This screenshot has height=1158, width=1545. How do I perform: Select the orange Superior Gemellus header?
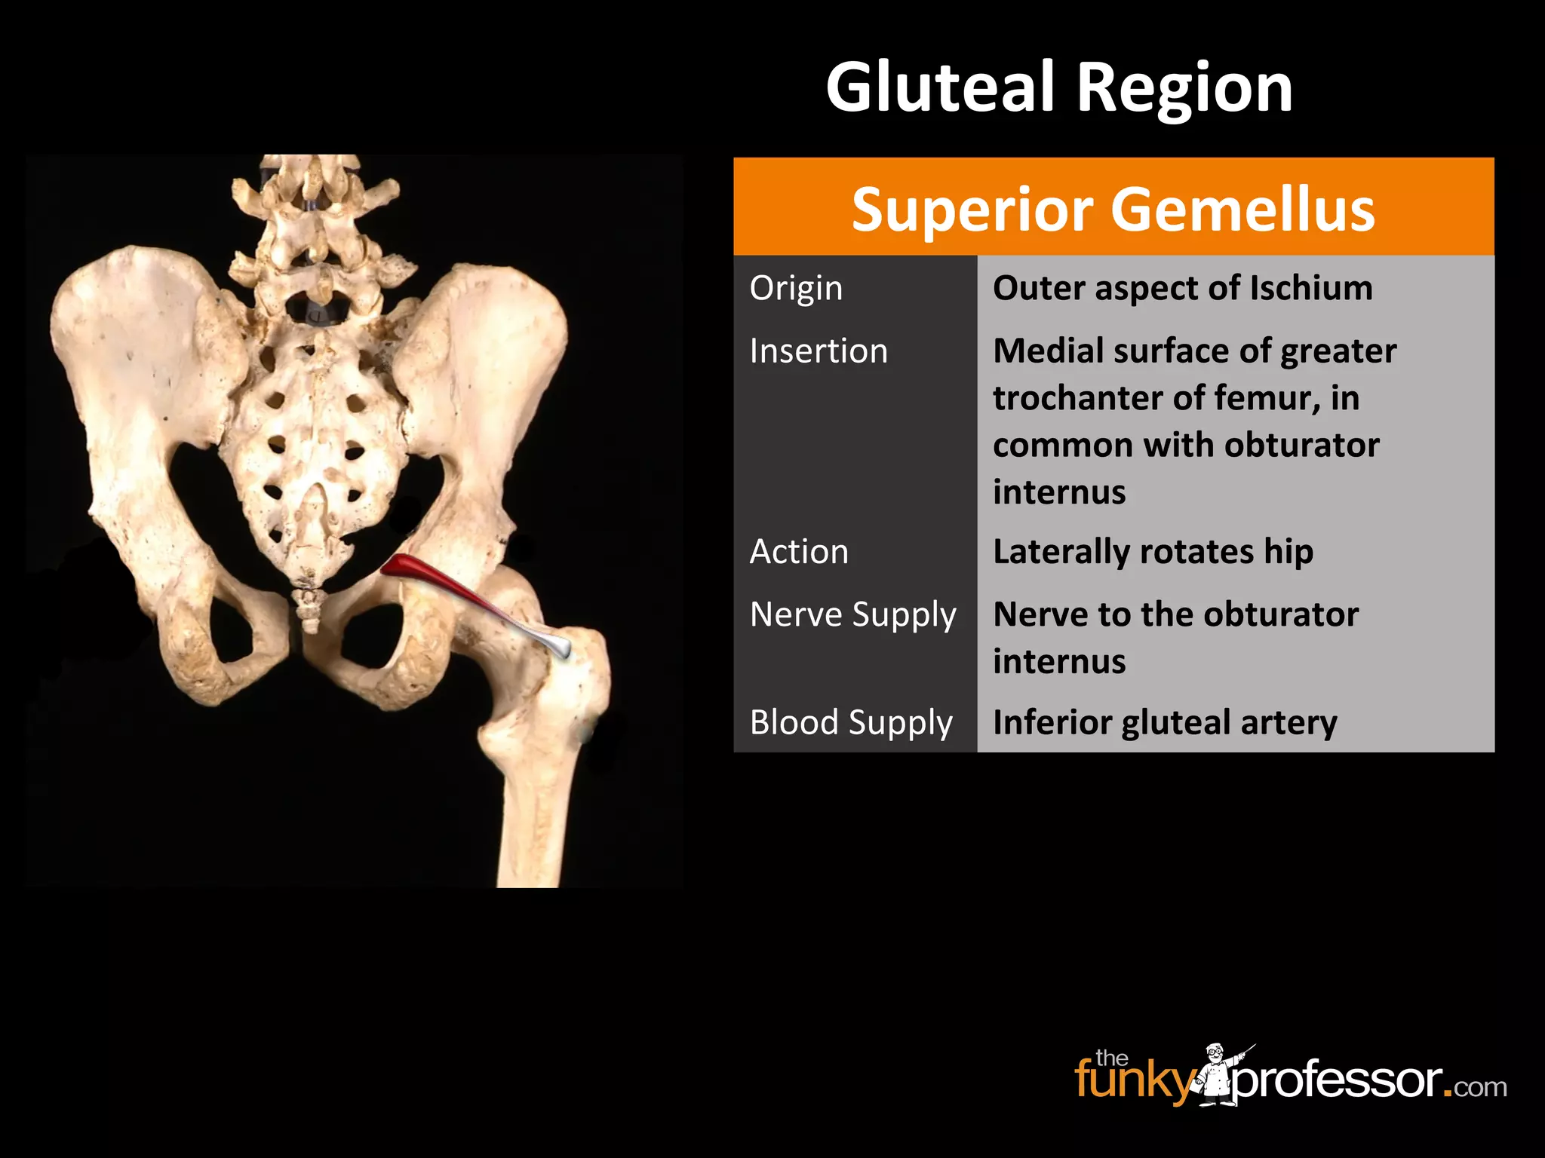pyautogui.click(x=1113, y=208)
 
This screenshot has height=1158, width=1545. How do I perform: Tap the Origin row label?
pyautogui.click(x=796, y=288)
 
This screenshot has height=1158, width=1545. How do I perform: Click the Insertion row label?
pyautogui.click(x=819, y=351)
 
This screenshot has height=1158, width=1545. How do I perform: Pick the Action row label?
pyautogui.click(x=799, y=552)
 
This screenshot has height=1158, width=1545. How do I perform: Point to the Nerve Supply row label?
pyautogui.click(x=852, y=615)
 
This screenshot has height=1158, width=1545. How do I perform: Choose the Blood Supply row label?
pyautogui.click(x=851, y=722)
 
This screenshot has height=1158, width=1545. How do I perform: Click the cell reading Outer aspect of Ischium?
pyautogui.click(x=1182, y=288)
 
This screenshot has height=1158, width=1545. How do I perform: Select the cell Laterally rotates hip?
pyautogui.click(x=1153, y=552)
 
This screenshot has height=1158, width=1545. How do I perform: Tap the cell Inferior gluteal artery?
pyautogui.click(x=1165, y=722)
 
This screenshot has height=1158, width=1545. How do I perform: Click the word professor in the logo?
pyautogui.click(x=1337, y=1082)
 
